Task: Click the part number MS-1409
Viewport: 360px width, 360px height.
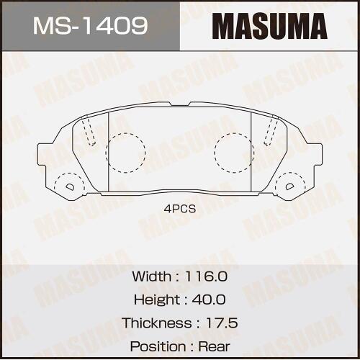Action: tap(90, 25)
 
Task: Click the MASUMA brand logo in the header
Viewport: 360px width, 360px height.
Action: tap(270, 26)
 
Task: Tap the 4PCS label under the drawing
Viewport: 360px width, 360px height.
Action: tap(180, 209)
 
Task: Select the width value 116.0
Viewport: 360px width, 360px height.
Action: tap(206, 276)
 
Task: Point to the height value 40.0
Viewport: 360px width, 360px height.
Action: tap(209, 300)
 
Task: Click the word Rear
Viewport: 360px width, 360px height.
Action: tap(214, 346)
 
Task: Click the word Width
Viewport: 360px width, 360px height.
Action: tap(152, 276)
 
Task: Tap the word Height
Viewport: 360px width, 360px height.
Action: tap(157, 300)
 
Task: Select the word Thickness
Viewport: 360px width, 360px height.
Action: tap(157, 323)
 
